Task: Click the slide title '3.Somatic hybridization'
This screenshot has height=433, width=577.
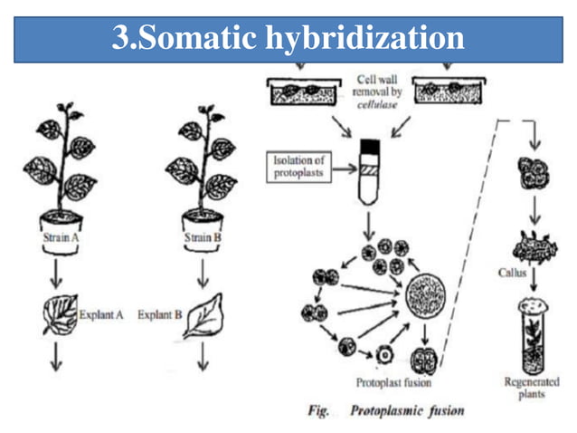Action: point(288,38)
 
